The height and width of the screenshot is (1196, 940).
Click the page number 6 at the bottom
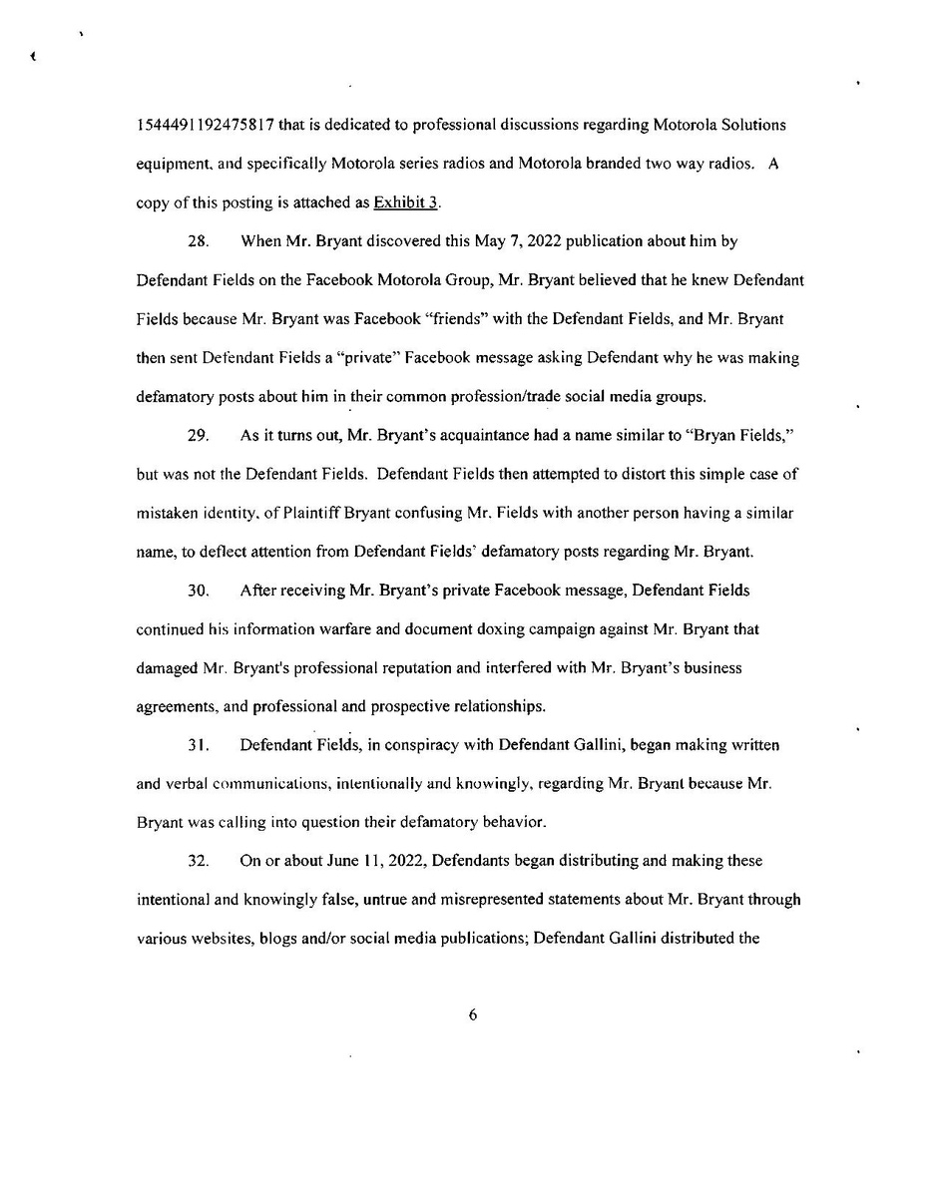click(473, 1014)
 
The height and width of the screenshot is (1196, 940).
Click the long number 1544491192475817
click(206, 126)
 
